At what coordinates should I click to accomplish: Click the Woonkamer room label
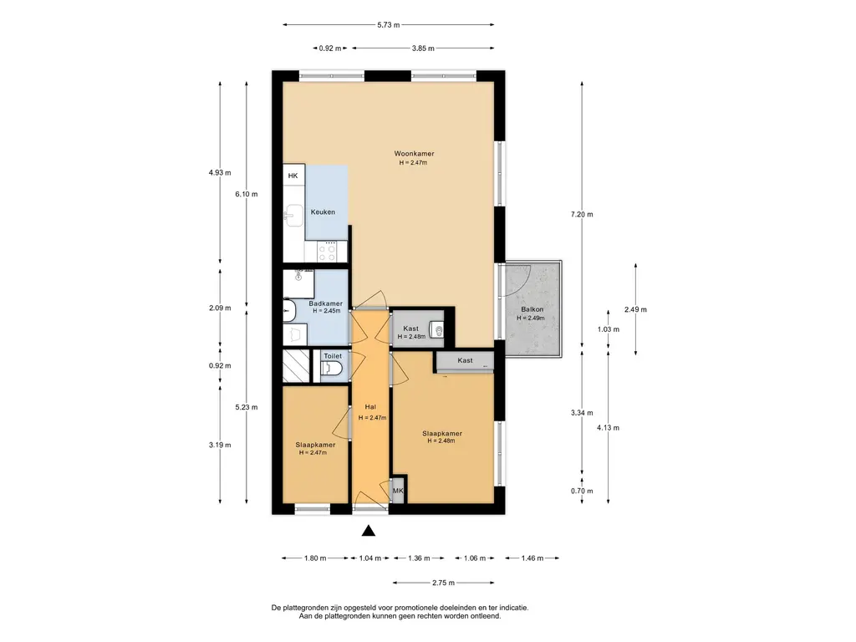(x=414, y=154)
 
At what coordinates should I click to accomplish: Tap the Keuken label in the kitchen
(x=323, y=211)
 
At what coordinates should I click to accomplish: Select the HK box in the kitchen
(x=293, y=176)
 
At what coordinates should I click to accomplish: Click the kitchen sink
(x=294, y=215)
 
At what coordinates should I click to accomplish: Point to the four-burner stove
(x=327, y=252)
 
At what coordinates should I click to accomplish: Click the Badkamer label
(x=326, y=303)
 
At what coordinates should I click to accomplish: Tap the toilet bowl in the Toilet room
(x=331, y=369)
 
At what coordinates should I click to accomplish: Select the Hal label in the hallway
(x=370, y=407)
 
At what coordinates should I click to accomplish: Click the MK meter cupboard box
(x=398, y=492)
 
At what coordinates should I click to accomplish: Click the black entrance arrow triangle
(x=369, y=531)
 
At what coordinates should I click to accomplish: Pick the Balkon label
(x=532, y=309)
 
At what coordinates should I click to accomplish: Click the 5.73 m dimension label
(x=388, y=24)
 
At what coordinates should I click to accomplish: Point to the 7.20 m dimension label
(x=582, y=215)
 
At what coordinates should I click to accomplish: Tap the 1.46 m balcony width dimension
(x=532, y=558)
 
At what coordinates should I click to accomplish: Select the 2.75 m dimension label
(x=443, y=583)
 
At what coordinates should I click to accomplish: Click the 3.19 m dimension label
(x=220, y=445)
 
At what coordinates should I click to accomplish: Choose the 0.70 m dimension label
(x=582, y=491)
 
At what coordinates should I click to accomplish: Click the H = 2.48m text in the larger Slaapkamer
(x=441, y=441)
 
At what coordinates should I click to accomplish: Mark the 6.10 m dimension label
(x=247, y=194)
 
